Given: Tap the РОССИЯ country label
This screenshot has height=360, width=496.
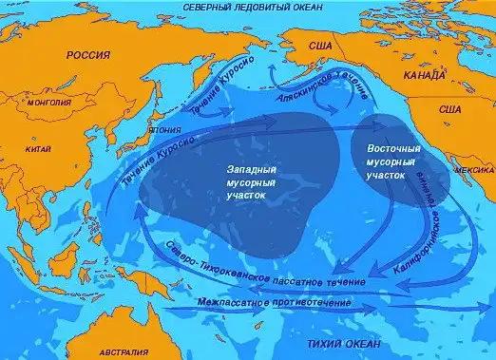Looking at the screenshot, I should [x=88, y=56].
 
